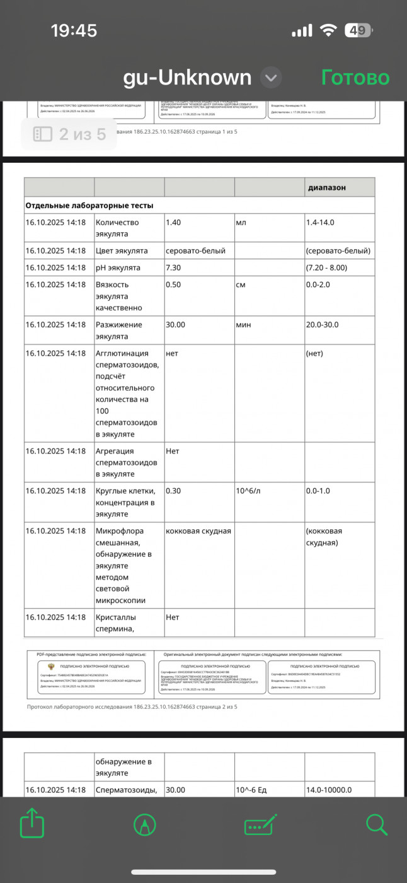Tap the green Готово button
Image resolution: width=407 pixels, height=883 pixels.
click(355, 78)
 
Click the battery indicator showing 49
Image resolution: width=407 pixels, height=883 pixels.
click(358, 30)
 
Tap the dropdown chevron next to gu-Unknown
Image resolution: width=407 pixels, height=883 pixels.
click(270, 78)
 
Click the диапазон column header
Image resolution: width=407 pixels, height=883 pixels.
click(326, 187)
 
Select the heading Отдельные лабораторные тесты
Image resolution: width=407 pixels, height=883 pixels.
click(89, 205)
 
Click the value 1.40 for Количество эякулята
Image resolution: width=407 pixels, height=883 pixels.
click(173, 222)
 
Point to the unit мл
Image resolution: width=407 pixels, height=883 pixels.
click(241, 222)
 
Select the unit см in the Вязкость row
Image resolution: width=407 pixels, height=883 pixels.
click(241, 284)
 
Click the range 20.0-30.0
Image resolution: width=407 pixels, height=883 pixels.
click(323, 324)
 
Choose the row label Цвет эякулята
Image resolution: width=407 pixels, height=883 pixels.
click(122, 250)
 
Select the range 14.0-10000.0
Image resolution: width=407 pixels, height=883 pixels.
click(329, 790)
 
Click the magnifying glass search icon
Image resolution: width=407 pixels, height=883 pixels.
click(376, 824)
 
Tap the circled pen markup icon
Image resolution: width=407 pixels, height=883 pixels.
click(145, 824)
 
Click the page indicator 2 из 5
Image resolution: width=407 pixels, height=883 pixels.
click(69, 134)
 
